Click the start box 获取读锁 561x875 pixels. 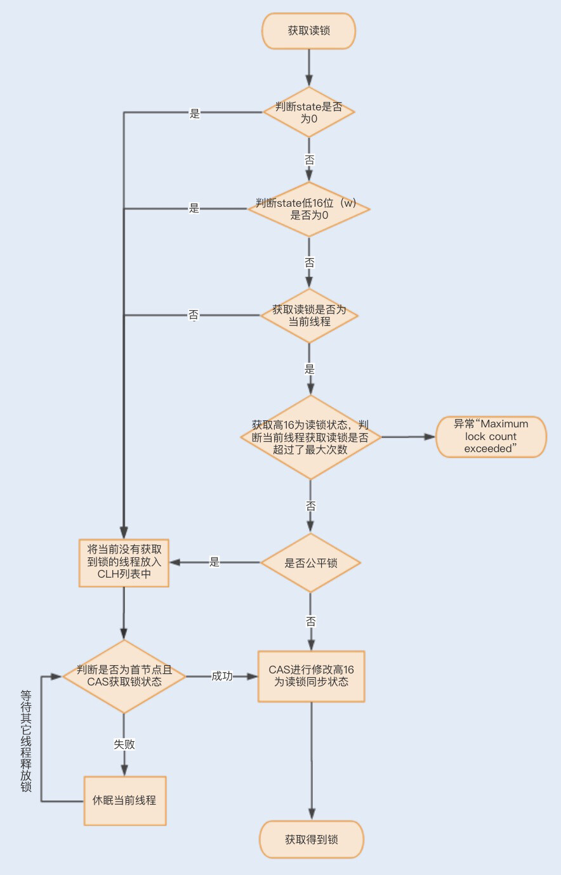point(309,30)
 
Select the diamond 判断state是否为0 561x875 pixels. point(309,112)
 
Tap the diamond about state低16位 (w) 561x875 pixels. point(309,209)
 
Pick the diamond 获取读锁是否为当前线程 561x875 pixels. point(309,315)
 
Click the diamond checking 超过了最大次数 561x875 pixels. point(310,437)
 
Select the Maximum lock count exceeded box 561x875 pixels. point(491,436)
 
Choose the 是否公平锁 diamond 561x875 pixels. point(310,562)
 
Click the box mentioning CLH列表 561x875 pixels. point(124,562)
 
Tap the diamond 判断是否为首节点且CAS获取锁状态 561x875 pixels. point(124,676)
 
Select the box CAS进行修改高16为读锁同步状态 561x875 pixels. point(311,676)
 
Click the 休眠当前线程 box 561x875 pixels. point(124,800)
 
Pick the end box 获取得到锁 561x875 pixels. point(311,839)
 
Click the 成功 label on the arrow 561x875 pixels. point(222,676)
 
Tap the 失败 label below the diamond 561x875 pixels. point(124,744)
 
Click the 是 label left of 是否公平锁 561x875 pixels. point(214,562)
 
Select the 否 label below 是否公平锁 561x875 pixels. point(310,621)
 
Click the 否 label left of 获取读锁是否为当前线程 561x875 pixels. point(194,314)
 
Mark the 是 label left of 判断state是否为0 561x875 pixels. point(195,113)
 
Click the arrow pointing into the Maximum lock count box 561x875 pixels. point(409,436)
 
